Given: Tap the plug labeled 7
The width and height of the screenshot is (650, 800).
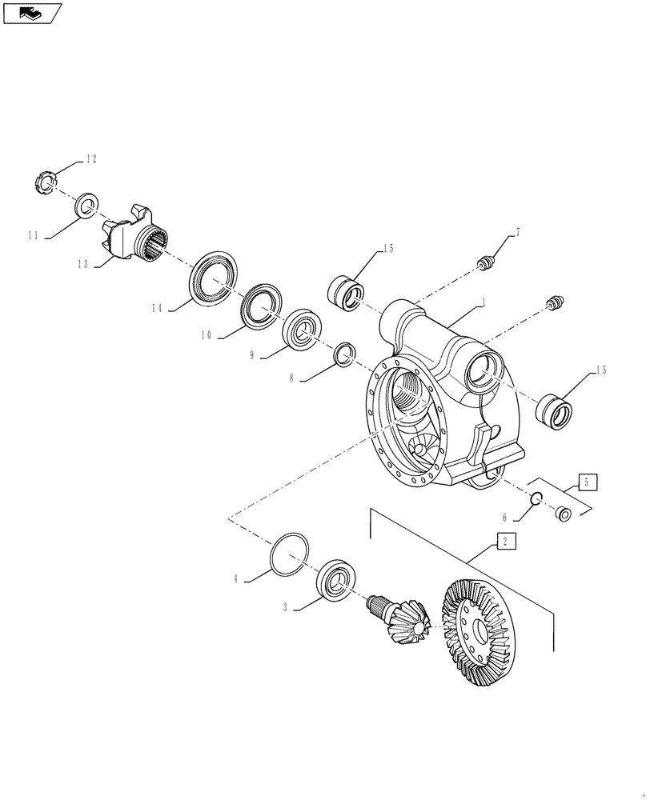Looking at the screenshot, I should point(486,264).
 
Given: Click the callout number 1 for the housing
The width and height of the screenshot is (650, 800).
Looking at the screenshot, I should point(483,303).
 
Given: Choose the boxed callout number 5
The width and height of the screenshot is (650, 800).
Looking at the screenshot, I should point(586,482).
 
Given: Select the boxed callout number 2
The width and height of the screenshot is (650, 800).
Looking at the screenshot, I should point(505,541).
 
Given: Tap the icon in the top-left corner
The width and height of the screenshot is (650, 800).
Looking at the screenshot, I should point(30,12).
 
